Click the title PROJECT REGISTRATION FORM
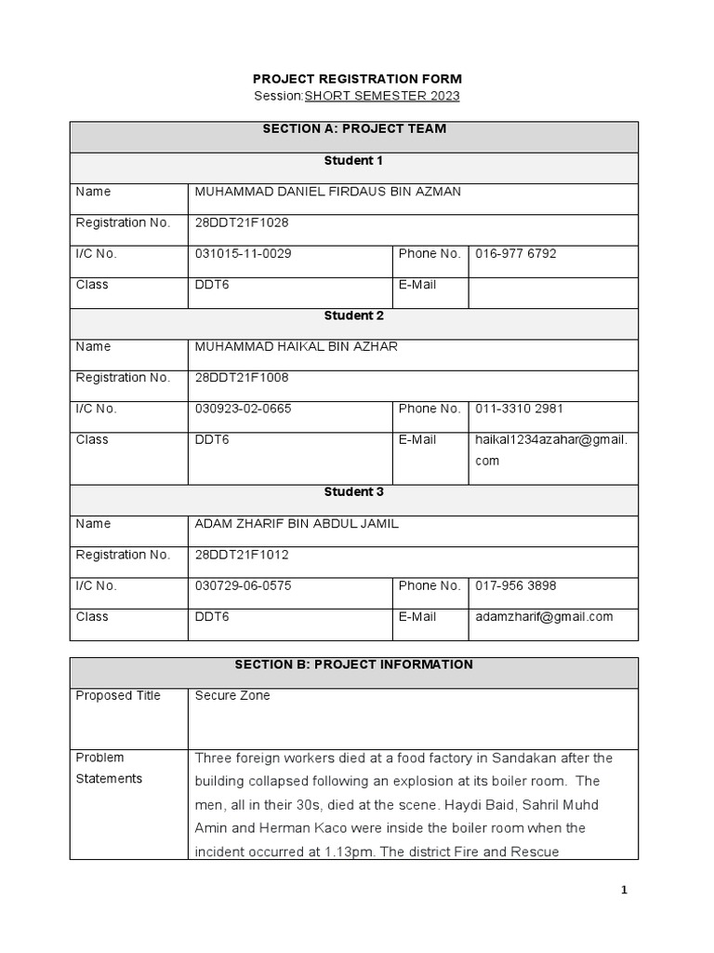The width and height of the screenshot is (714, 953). point(357,79)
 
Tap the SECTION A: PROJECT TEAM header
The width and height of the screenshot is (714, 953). point(353,129)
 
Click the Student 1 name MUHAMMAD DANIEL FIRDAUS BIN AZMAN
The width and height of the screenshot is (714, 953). point(327,192)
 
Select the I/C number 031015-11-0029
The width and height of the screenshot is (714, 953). point(244,253)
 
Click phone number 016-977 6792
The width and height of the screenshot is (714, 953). point(516,253)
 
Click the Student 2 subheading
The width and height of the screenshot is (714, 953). point(353,315)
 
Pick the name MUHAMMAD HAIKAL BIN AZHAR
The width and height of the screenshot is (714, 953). point(296,346)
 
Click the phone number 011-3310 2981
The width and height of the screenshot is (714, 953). point(519,409)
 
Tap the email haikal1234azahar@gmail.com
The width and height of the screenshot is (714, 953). point(551,450)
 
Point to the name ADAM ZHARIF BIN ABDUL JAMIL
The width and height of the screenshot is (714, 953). point(296,523)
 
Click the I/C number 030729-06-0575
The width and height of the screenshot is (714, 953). point(244,585)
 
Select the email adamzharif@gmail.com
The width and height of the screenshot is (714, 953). point(544,616)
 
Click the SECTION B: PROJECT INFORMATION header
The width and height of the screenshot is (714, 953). point(353,664)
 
